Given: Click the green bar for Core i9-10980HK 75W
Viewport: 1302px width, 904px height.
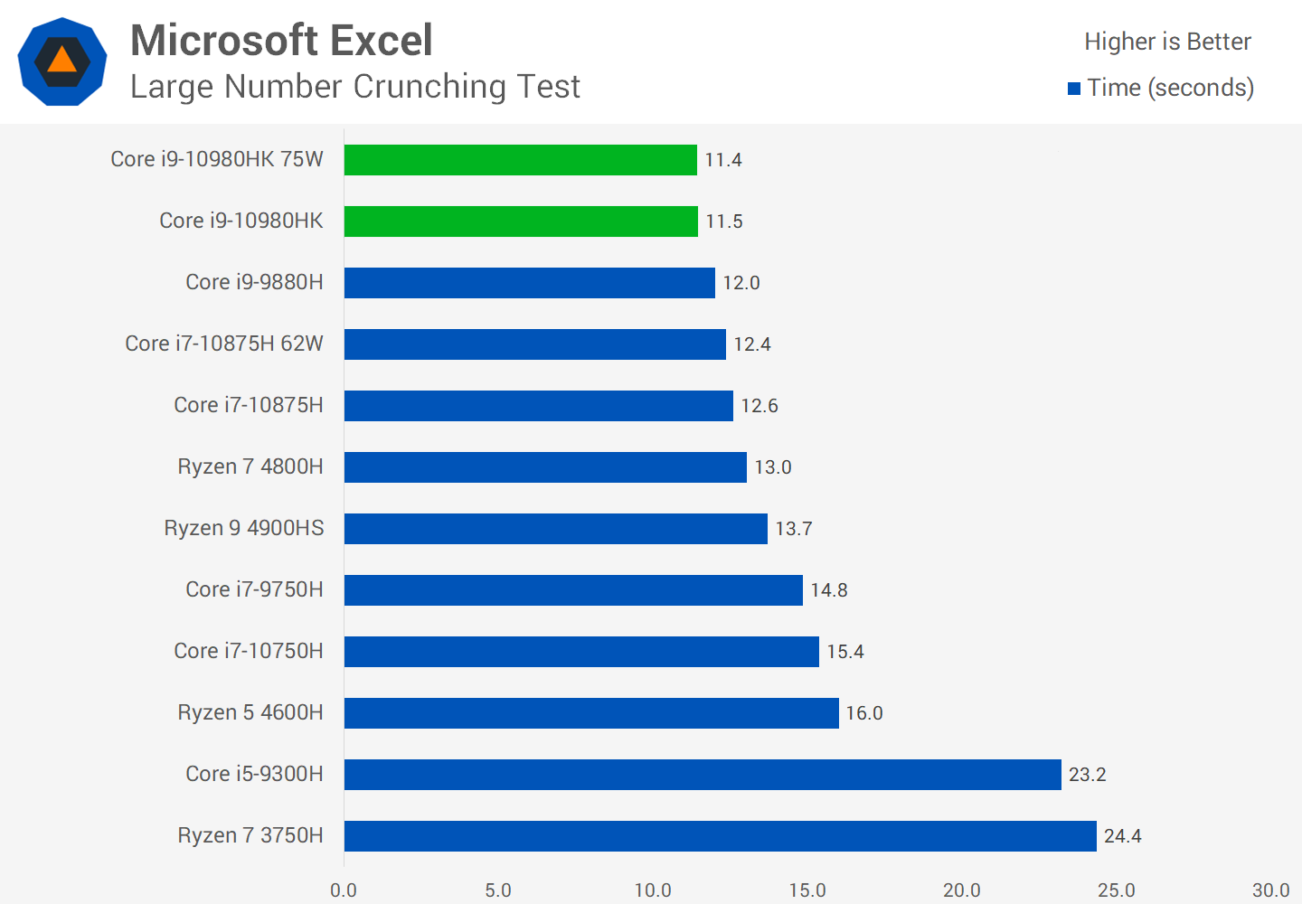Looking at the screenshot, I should (521, 160).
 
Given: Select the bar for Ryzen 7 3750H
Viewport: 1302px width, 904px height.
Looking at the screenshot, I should (721, 836).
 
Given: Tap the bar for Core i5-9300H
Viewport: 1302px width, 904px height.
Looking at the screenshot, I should (703, 775).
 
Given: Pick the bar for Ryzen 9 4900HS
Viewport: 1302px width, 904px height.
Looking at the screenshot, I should (556, 529).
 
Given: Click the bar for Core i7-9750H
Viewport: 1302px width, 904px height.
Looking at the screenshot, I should (573, 590).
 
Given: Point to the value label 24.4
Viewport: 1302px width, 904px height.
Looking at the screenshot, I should (1122, 836).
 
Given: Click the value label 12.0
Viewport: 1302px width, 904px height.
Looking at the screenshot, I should (741, 283).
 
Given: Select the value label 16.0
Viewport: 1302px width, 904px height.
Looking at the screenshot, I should (864, 713).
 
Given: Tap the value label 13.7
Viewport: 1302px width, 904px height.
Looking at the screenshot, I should (794, 529).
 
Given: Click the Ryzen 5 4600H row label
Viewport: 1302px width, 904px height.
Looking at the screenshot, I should (250, 712).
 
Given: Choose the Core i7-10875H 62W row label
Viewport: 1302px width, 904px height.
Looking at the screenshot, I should (224, 344).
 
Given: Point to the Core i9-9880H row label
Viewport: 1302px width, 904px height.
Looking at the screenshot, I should (254, 282).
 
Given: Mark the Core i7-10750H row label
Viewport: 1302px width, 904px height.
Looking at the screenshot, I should (249, 651).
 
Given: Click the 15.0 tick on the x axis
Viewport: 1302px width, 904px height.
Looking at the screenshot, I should (807, 890).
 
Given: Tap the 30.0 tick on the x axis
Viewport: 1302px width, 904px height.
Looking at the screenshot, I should (1270, 890).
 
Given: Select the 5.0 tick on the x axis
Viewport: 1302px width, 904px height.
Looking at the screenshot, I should (498, 890).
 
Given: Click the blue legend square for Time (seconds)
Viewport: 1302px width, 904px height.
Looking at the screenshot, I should (1074, 89).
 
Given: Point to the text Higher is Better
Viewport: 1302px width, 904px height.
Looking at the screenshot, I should (1167, 42).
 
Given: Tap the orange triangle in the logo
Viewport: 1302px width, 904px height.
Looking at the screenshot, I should (61, 61).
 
